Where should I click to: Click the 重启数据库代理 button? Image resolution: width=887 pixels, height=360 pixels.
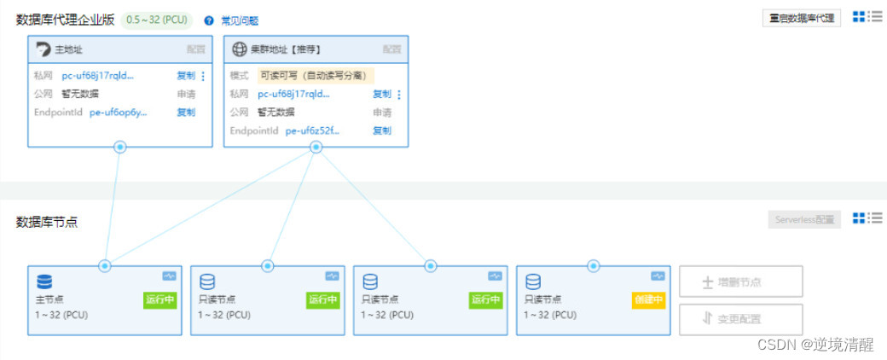point(801,18)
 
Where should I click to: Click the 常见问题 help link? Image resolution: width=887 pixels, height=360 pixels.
point(240,20)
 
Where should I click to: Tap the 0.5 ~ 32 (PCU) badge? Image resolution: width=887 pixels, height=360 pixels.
point(158,20)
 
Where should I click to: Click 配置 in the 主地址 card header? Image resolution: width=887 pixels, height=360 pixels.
point(196,49)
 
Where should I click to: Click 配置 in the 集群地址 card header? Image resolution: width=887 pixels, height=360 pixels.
point(391,49)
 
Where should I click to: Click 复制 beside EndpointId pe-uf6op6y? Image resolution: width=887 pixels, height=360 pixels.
point(186,112)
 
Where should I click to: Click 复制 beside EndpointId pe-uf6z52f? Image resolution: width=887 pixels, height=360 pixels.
point(382,131)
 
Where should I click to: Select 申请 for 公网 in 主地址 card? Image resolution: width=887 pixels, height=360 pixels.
point(186,94)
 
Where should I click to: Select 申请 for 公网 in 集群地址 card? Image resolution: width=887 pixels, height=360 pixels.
point(382,112)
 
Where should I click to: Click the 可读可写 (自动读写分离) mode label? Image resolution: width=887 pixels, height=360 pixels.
point(316,75)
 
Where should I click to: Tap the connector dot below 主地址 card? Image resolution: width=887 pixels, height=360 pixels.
point(120,148)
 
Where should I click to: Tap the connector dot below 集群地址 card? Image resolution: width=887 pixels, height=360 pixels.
point(316,148)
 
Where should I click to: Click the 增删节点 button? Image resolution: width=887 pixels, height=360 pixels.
point(740,282)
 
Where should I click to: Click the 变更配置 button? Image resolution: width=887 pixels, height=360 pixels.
point(740,319)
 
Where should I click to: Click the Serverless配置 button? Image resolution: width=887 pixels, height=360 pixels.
point(804,219)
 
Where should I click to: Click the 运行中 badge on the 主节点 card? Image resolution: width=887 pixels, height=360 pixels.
point(160,299)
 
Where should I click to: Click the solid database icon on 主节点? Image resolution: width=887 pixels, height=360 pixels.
point(44,282)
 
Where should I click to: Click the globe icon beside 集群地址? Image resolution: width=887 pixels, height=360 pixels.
point(239,49)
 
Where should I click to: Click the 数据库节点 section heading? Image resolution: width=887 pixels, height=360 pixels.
point(47,222)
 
